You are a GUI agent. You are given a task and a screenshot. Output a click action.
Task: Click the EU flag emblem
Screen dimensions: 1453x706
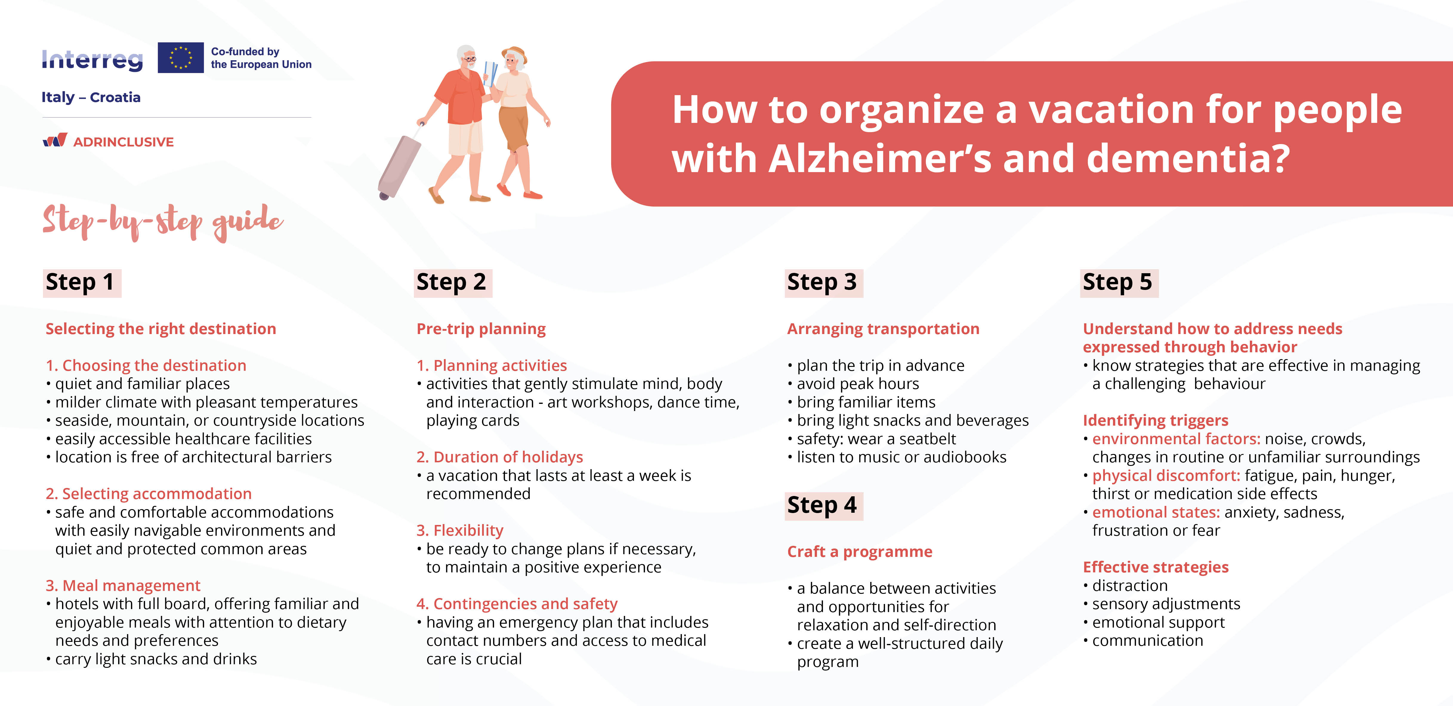pyautogui.click(x=180, y=58)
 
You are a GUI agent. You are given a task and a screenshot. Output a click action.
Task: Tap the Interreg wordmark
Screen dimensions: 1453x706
pyautogui.click(x=92, y=60)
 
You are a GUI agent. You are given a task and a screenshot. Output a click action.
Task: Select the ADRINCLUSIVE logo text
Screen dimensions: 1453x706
pyautogui.click(x=123, y=142)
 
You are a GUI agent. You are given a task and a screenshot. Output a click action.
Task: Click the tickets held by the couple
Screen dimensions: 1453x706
pyautogui.click(x=490, y=73)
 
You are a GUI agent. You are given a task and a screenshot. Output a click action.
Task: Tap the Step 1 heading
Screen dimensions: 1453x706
pyautogui.click(x=80, y=282)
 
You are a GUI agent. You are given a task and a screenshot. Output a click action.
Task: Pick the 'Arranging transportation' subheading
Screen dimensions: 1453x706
pyautogui.click(x=883, y=329)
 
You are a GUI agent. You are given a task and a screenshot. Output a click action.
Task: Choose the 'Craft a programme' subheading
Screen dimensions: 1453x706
pyautogui.click(x=860, y=551)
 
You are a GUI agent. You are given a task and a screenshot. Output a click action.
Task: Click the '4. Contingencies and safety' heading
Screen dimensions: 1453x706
pyautogui.click(x=517, y=604)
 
